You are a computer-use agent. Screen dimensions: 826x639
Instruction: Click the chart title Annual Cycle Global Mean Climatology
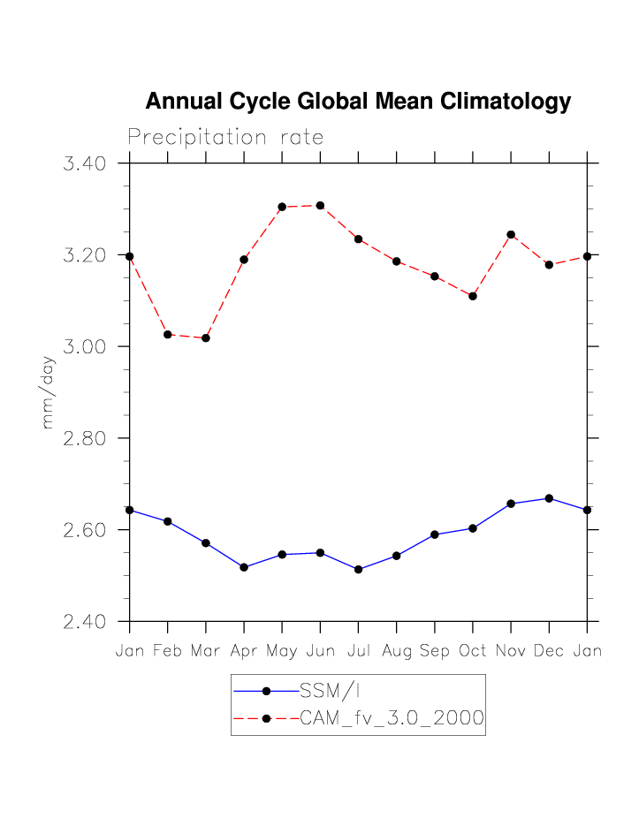point(358,102)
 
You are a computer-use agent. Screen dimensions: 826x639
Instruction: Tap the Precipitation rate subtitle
point(225,138)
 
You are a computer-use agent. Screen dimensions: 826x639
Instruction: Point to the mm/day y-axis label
point(49,392)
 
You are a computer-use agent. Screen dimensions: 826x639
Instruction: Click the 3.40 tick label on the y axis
point(85,163)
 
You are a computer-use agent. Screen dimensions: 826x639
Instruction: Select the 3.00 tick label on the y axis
point(85,346)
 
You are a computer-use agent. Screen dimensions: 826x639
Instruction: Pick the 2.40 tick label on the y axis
point(85,622)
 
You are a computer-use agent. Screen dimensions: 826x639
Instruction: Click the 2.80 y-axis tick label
point(85,438)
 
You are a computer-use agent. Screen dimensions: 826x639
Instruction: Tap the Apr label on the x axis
point(244,652)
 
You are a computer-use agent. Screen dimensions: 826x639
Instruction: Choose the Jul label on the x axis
point(358,652)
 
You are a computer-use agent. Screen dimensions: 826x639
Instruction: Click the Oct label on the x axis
point(473,652)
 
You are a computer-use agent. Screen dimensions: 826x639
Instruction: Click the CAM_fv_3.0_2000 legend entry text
point(392,718)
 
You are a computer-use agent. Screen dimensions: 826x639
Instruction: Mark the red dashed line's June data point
point(320,206)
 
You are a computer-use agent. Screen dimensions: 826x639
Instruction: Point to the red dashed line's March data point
point(206,338)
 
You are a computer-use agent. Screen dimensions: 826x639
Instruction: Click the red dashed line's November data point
point(511,235)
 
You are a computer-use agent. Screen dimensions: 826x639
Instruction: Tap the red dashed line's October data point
point(473,296)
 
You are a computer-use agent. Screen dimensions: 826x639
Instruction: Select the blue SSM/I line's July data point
point(358,570)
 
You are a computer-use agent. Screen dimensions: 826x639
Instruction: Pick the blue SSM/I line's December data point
point(549,498)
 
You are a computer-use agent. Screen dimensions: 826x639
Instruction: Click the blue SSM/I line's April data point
point(244,567)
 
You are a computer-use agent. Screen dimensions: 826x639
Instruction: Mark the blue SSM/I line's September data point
point(435,534)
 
